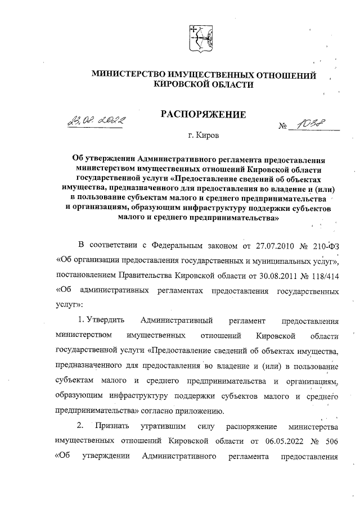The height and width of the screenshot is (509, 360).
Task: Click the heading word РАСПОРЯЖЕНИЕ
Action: (204, 115)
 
